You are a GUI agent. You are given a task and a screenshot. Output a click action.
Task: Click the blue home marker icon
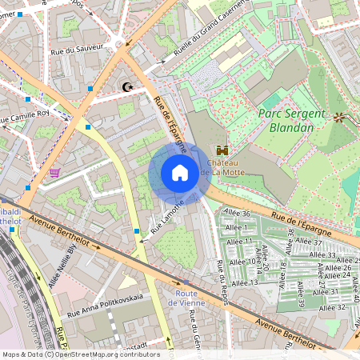click(180, 173)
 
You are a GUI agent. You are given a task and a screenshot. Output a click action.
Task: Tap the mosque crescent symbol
click(126, 86)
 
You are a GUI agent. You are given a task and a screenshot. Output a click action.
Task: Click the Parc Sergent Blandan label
click(292, 120)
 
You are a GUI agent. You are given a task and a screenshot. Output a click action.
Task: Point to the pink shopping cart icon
click(54, 172)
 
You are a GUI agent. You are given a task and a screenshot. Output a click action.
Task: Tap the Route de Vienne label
click(193, 298)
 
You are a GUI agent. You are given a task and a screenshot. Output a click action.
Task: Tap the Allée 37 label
click(308, 241)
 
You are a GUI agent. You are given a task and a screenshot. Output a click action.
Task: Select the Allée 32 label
click(330, 306)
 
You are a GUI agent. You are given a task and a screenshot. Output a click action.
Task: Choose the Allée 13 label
click(243, 282)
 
